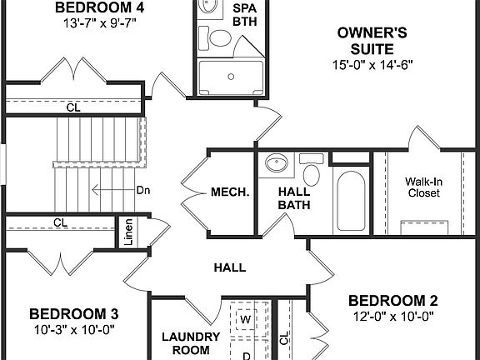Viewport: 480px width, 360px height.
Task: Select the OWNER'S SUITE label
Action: (372, 41)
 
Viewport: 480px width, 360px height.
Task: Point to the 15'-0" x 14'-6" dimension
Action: (372, 64)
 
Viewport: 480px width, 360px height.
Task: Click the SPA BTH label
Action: (245, 16)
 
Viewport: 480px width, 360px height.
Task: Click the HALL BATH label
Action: (293, 198)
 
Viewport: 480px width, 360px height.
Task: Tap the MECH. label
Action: (230, 192)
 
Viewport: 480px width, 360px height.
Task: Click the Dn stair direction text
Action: (143, 190)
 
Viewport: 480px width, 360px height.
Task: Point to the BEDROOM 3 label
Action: (73, 314)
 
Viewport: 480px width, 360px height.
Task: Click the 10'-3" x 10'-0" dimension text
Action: (73, 329)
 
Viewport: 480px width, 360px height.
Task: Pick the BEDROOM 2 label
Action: (392, 301)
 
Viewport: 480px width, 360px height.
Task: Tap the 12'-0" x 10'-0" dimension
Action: (392, 317)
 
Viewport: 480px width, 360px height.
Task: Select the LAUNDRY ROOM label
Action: (191, 344)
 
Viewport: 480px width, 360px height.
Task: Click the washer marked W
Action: (246, 319)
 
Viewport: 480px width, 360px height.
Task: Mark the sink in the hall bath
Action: (275, 164)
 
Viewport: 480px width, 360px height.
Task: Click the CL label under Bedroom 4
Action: (72, 107)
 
